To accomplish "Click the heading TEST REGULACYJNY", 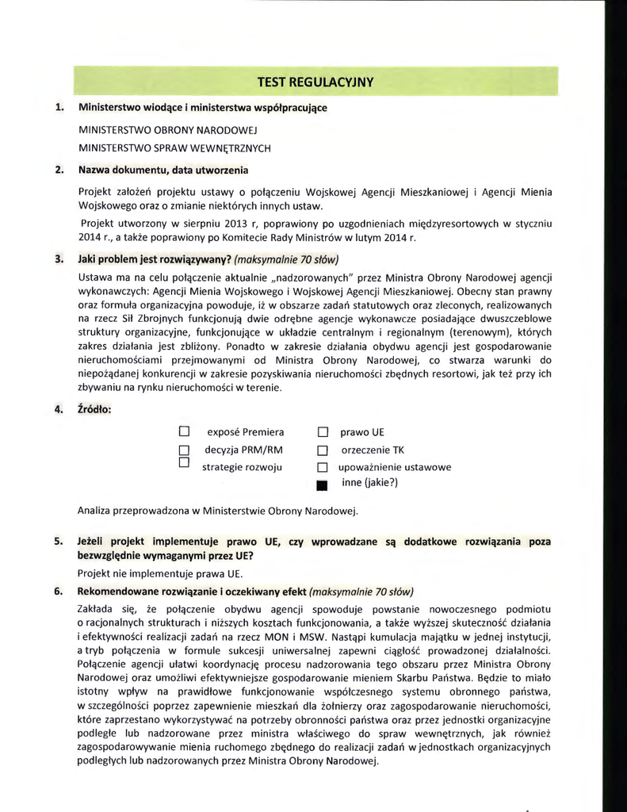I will (315, 82).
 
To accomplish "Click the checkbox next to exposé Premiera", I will (184, 432).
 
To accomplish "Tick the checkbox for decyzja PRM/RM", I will (184, 450).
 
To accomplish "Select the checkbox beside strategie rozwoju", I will (184, 462).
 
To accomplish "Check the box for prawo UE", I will (323, 433).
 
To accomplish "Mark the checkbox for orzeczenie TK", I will (323, 450).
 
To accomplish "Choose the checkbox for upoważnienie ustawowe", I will (323, 468).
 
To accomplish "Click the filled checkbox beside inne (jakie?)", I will (323, 485).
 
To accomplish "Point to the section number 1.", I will (59, 107).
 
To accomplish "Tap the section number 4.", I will (59, 409).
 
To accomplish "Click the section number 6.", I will (59, 592).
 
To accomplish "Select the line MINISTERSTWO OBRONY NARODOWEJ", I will (164, 129).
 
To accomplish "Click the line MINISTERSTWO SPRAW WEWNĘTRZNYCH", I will (174, 147).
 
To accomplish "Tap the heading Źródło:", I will (94, 409).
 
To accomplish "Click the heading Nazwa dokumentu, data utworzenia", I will (163, 170).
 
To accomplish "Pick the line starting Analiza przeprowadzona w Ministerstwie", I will (218, 510).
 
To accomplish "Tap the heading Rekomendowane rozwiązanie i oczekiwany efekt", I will (191, 592).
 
